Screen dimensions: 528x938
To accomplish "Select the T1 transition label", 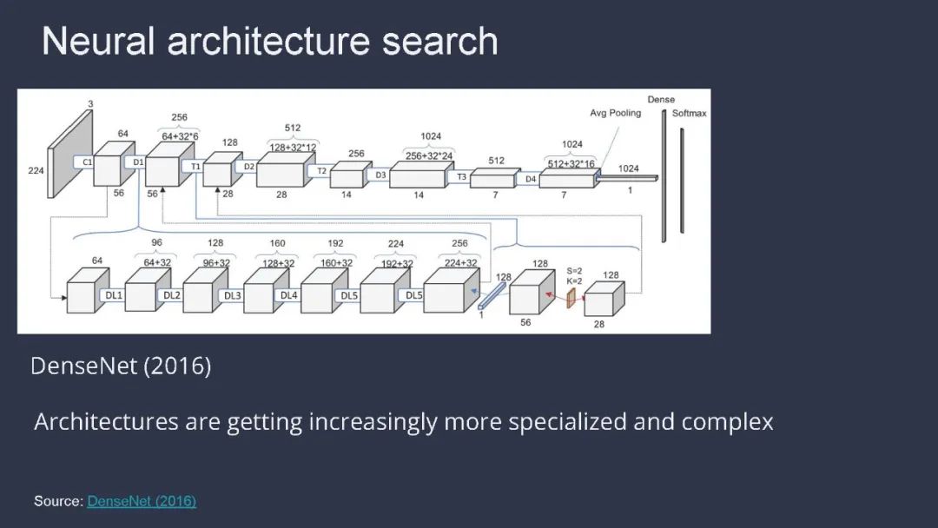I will point(196,166).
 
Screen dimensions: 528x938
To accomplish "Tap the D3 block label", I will point(380,175).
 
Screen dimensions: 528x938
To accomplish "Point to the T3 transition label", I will point(462,177).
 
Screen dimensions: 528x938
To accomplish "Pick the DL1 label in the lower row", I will point(114,295).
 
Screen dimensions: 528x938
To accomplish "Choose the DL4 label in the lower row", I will point(288,295).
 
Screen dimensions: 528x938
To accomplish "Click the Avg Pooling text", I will point(615,113).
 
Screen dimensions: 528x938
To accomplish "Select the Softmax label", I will point(689,114).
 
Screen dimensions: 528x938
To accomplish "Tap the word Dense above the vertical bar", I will point(661,100).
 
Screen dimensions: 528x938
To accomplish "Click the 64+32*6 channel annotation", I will point(180,135).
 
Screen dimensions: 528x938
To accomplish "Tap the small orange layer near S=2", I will point(571,299).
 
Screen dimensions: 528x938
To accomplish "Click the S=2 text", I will point(574,270).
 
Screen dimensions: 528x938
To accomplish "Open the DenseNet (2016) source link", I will point(142,501).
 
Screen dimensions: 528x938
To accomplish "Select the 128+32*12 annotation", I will point(292,148).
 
